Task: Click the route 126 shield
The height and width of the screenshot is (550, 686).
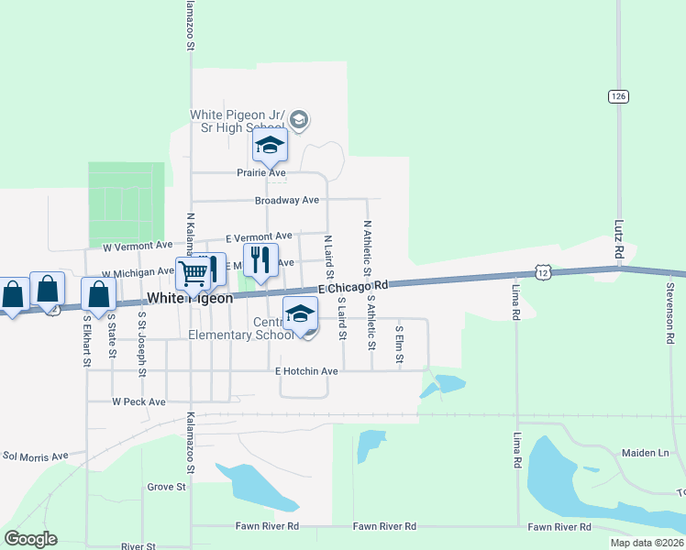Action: coord(617,95)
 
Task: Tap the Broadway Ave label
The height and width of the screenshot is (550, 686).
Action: coord(286,200)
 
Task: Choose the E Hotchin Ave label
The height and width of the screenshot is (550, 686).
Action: coord(306,371)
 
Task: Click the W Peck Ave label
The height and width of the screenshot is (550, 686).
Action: coord(138,401)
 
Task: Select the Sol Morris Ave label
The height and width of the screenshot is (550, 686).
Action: coord(36,456)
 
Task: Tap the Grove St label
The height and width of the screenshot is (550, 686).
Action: coord(166,487)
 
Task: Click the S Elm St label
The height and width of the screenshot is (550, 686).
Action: coord(400,344)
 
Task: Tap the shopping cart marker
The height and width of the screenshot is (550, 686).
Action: coord(193,271)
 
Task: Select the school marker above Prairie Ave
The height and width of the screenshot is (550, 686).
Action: coord(271,145)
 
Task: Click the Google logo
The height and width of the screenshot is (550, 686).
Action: coord(30,539)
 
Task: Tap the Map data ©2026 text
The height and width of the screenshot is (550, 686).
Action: coord(646,543)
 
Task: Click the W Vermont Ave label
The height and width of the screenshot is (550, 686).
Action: coord(137,246)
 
